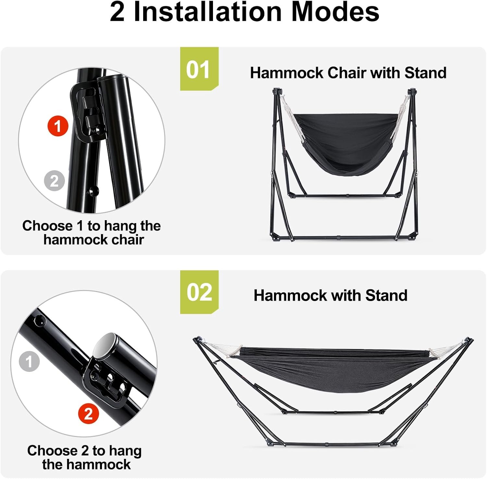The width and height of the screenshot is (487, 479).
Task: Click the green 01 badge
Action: point(199,69)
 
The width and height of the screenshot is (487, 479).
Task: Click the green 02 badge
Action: point(199,292)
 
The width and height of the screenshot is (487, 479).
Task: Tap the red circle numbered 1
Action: point(58,126)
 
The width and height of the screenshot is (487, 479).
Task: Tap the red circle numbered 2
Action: point(89,414)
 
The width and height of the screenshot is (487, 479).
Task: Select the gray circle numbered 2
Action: point(55,181)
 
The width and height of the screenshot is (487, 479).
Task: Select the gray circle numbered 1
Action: point(29,361)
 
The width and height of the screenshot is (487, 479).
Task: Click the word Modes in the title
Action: point(335,12)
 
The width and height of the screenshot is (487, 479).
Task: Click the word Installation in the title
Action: point(207,12)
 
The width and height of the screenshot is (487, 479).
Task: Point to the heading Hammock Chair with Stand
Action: point(348,73)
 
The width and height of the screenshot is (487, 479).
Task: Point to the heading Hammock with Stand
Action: point(331,296)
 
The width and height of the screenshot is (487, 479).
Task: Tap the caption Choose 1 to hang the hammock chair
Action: point(92,233)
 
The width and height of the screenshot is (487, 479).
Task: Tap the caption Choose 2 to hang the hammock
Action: point(85,457)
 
